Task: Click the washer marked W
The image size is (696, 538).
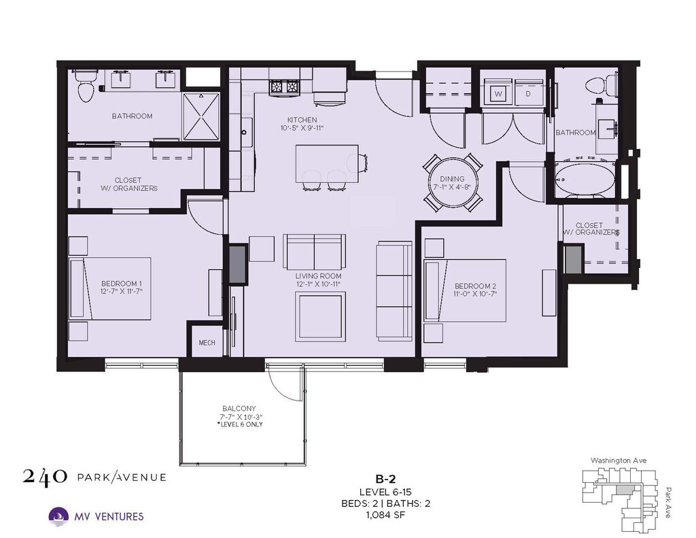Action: pos(498,93)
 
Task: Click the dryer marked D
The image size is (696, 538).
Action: pos(528,93)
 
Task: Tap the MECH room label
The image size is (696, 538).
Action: pos(207,343)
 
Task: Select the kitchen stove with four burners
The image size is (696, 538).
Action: pos(284,86)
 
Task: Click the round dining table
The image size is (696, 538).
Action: pos(452,183)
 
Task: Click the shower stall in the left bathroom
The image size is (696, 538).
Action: pos(201,116)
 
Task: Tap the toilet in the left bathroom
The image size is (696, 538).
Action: pos(85,85)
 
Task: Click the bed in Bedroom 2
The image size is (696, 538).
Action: pos(465,290)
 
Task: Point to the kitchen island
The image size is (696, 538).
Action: pos(327,163)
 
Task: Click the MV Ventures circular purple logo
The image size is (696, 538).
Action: pos(58,517)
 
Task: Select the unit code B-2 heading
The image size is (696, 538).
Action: pos(385,479)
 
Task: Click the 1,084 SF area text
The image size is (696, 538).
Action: pos(385,515)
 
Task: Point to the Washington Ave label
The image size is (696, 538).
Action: pos(619,460)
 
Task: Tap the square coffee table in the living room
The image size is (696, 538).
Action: pos(321,316)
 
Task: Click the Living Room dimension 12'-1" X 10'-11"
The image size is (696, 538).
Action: pos(318,284)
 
